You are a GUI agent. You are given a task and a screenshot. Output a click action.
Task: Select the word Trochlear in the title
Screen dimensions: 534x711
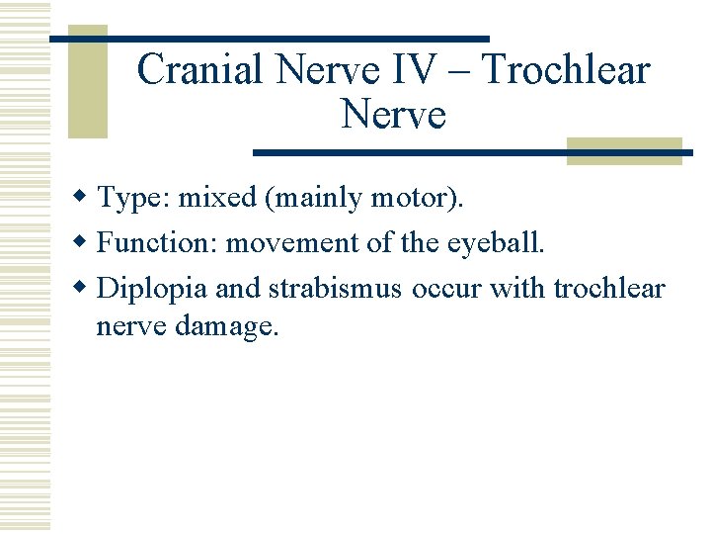click(567, 70)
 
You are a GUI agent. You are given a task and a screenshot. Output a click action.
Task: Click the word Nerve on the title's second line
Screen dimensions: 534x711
click(393, 115)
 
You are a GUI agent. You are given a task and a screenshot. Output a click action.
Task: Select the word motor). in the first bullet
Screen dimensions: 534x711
click(416, 199)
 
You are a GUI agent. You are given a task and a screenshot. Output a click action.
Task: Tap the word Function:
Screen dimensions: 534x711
click(159, 243)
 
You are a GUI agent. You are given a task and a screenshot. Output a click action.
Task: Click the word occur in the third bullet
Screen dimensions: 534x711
click(440, 288)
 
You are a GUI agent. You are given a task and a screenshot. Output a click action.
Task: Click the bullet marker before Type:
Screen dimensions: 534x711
click(86, 199)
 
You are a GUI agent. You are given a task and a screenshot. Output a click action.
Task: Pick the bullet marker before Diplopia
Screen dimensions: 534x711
click(86, 288)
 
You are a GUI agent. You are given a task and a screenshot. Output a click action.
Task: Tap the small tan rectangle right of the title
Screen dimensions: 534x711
click(624, 150)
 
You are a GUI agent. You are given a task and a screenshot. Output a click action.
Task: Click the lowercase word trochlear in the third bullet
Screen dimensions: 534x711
click(609, 288)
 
